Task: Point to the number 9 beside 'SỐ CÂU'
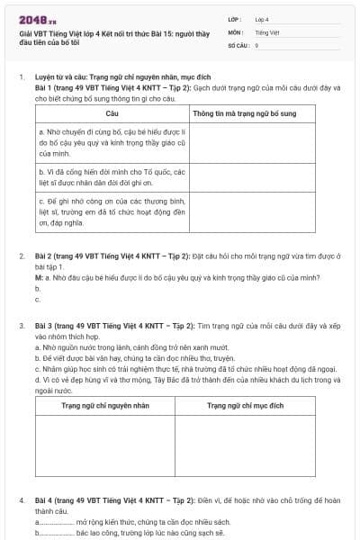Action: pos(256,44)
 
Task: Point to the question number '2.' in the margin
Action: pos(22,256)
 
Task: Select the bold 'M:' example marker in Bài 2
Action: pos(39,277)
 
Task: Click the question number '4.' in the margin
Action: pos(22,499)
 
